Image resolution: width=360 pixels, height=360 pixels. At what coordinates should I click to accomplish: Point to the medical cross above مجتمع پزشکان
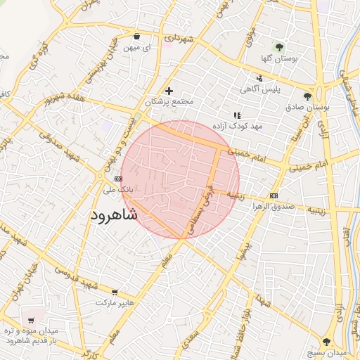[169, 91]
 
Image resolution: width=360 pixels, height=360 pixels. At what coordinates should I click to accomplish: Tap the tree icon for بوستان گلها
[281, 47]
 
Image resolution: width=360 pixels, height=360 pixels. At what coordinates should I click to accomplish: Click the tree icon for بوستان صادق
[307, 96]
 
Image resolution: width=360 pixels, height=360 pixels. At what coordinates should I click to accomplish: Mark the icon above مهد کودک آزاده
[236, 115]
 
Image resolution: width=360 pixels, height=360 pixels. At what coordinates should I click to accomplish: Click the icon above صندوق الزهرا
[274, 195]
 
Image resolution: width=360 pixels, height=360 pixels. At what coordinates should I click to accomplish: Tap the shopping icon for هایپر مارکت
[115, 291]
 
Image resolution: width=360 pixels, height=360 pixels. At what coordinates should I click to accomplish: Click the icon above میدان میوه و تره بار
[31, 310]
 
